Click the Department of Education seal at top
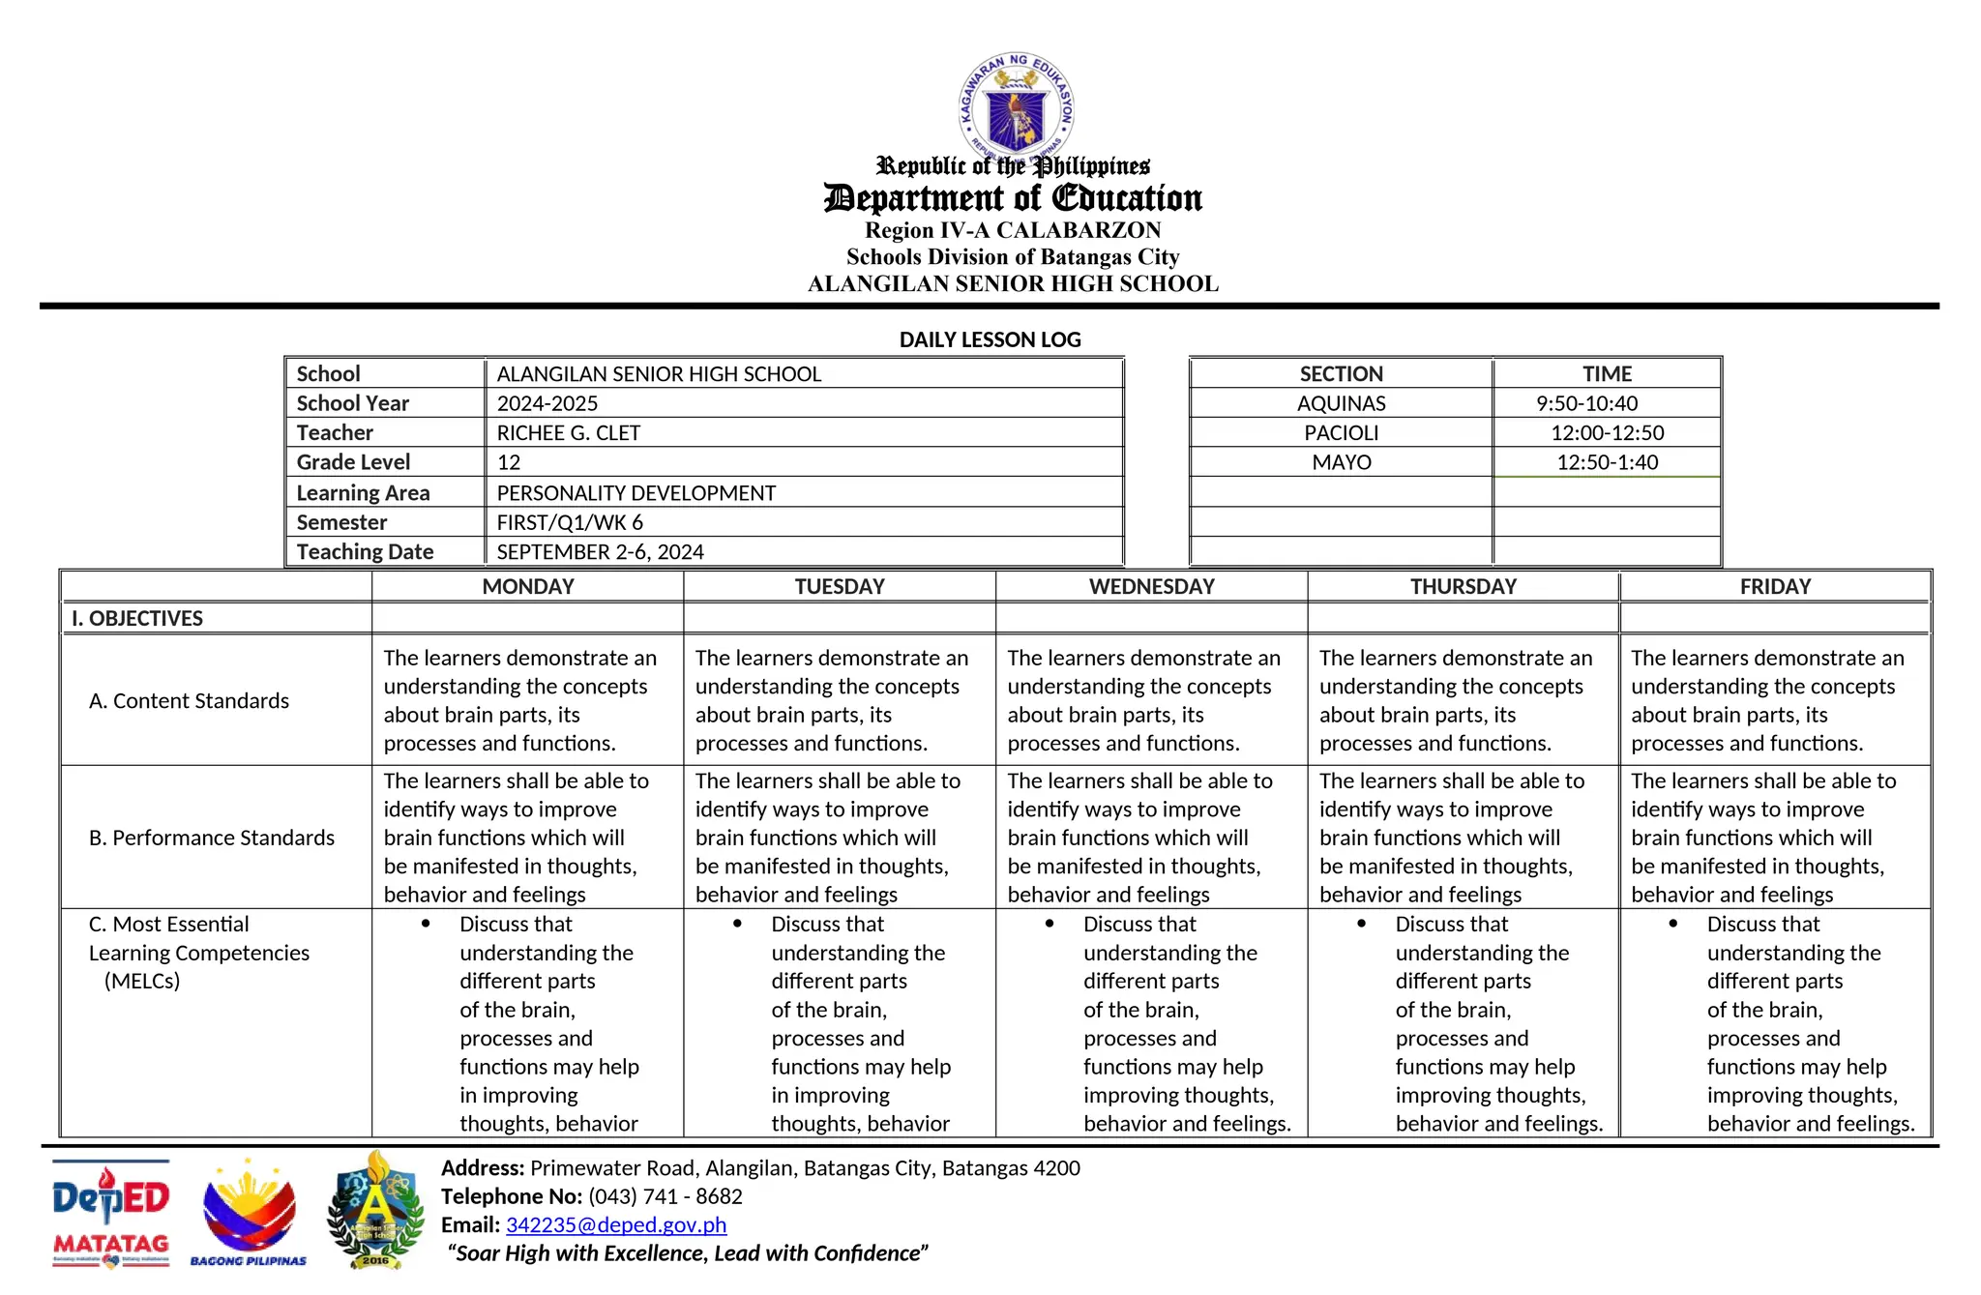[1016, 106]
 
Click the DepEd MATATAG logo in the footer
[110, 1213]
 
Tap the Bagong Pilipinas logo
[249, 1213]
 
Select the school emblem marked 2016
[375, 1211]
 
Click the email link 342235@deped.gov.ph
[615, 1225]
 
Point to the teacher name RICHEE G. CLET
[568, 433]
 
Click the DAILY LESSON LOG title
[990, 339]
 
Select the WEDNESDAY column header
[1151, 587]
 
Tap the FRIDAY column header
[1775, 587]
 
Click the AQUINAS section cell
[1341, 403]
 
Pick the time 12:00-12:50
[1607, 433]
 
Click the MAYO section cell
[1341, 462]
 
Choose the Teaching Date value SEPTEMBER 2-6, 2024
[600, 552]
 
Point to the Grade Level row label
[353, 462]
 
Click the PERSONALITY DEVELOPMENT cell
[636, 493]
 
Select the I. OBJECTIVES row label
[136, 619]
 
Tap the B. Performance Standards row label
[211, 838]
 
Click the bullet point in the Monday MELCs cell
[426, 924]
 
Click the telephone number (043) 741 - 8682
[665, 1196]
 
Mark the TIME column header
[1607, 374]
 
